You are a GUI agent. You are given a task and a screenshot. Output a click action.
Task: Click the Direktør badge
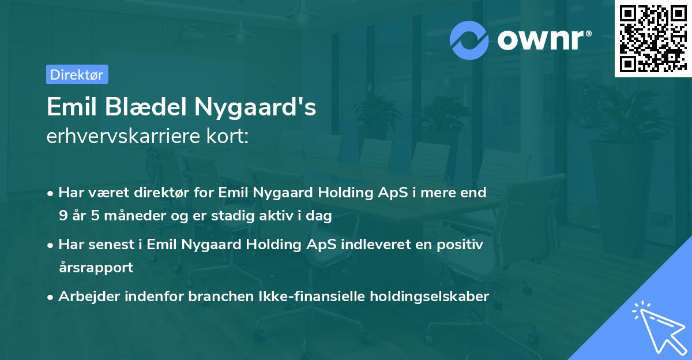[77, 74]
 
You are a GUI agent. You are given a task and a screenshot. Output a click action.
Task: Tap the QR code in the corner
[653, 39]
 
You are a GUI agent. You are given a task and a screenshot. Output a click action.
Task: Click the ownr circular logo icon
[469, 40]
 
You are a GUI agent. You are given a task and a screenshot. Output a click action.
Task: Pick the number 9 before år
[62, 216]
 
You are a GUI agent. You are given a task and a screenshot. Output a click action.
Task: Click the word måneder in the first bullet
[117, 216]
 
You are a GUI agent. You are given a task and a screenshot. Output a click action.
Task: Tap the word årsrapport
[96, 268]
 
